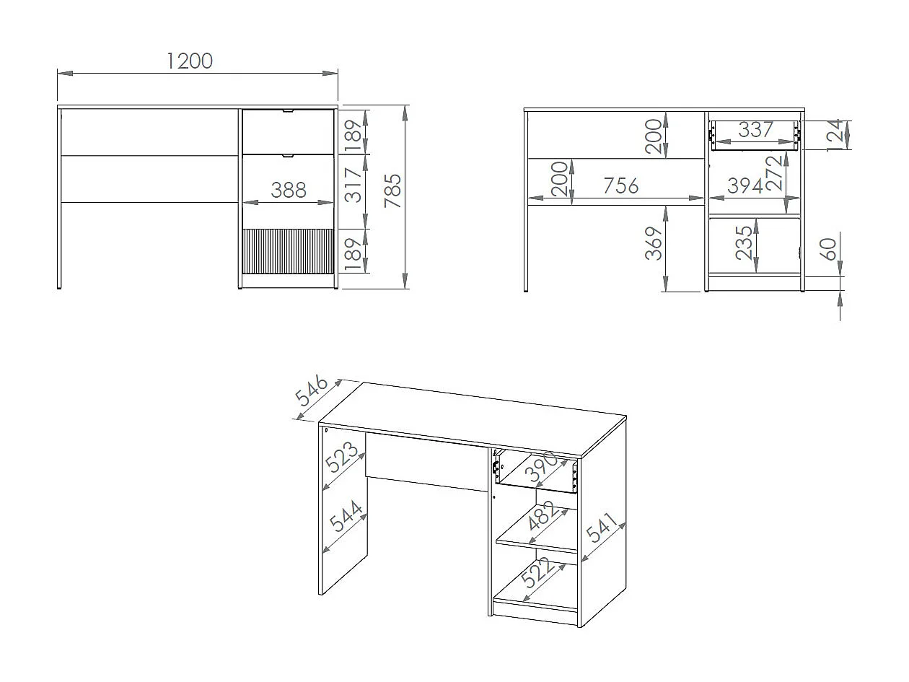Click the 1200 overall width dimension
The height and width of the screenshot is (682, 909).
190,61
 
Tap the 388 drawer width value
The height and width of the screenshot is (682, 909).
289,191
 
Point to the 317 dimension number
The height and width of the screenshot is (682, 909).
354,185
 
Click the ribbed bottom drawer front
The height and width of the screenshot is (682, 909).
289,251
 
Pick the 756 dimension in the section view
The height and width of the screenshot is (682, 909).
620,185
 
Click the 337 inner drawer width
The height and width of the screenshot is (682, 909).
755,130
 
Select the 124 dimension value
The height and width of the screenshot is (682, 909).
834,134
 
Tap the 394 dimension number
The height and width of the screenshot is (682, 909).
745,185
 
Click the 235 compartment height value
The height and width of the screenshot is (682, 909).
744,243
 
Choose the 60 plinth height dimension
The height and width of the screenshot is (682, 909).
829,250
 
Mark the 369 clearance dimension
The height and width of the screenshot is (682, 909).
653,243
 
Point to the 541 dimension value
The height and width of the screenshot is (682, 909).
601,528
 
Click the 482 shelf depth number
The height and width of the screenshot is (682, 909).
543,517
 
